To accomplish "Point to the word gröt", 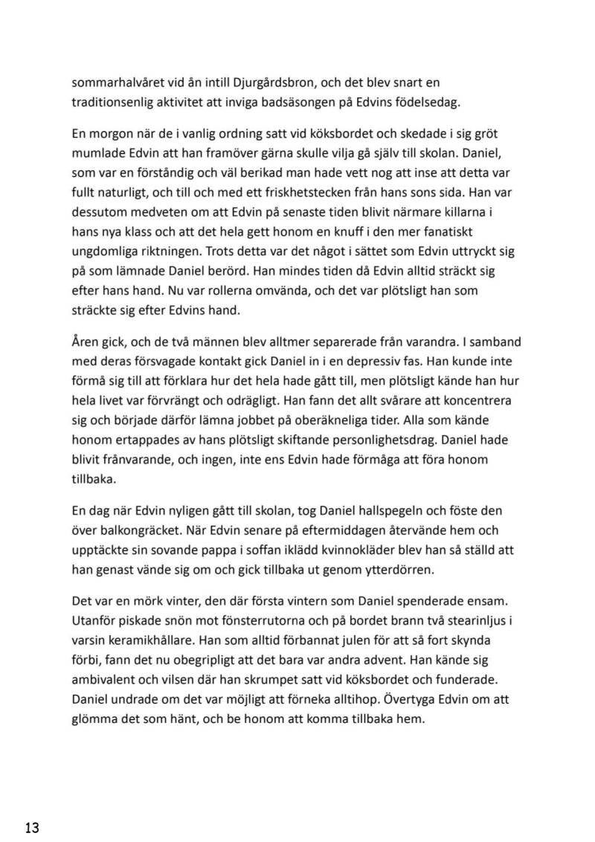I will [495, 135].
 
